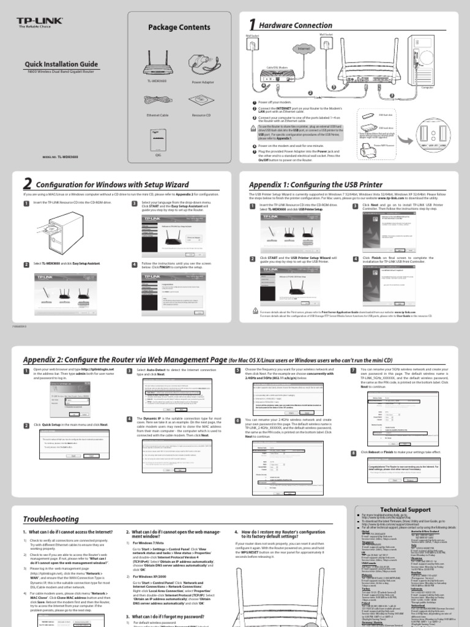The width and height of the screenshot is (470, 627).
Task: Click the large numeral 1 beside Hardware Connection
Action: [251, 24]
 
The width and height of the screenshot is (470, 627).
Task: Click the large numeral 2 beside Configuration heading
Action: [27, 184]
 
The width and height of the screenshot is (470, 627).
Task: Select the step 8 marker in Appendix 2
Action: [353, 452]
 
